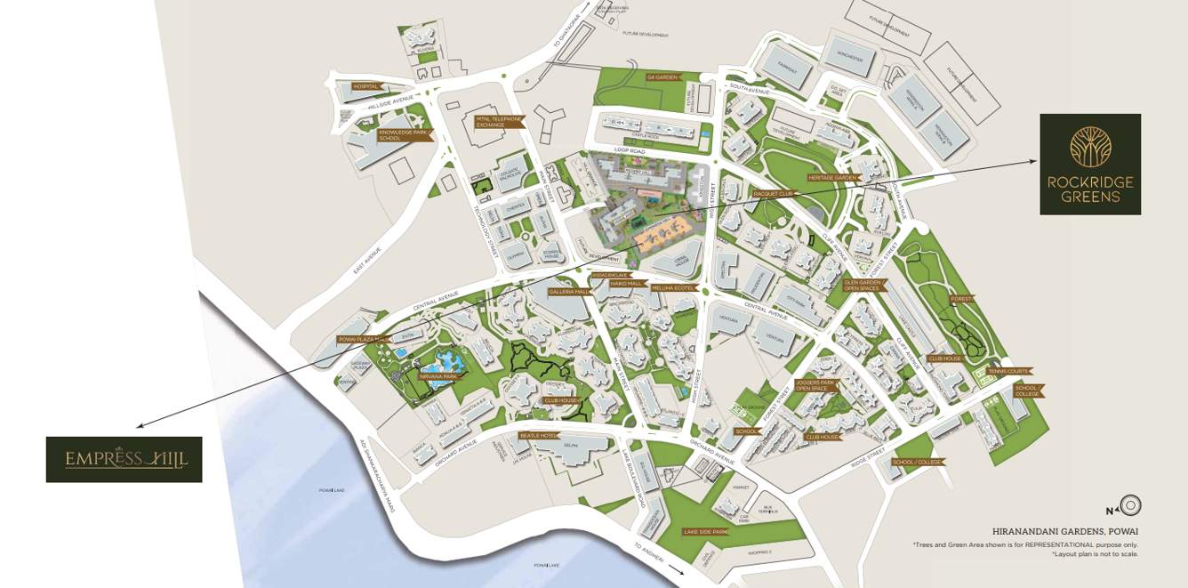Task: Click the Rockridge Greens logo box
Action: click(x=1090, y=165)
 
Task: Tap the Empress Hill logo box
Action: click(x=124, y=459)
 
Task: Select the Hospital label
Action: click(x=366, y=86)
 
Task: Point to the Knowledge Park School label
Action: click(x=403, y=135)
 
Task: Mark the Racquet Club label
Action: click(x=771, y=192)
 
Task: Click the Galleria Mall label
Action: click(x=569, y=292)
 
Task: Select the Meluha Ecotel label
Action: click(x=673, y=288)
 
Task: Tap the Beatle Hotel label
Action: click(x=537, y=435)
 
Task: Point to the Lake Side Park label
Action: click(x=705, y=531)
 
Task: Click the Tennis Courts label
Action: click(x=1007, y=371)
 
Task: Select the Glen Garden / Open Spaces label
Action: click(x=862, y=286)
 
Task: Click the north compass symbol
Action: click(x=1130, y=506)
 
